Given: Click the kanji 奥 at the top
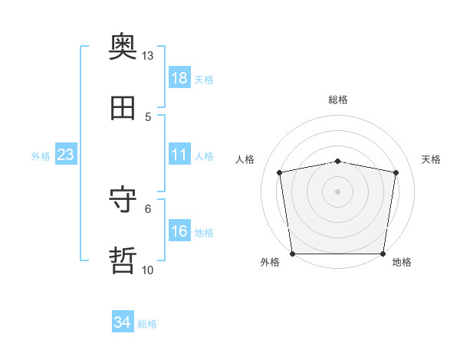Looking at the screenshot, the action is click(x=123, y=46).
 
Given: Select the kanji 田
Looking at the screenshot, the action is click(x=123, y=108).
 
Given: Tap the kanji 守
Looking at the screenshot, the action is click(x=123, y=198).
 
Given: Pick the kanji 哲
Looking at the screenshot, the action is click(x=123, y=260).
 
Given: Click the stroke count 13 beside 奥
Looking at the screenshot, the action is click(x=147, y=56).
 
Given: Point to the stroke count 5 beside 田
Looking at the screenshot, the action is click(x=148, y=117).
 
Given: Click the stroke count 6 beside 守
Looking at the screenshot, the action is click(x=148, y=209).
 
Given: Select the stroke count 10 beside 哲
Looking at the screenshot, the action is click(x=147, y=270).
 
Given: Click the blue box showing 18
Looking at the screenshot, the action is click(x=179, y=77).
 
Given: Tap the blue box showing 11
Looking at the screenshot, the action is click(x=179, y=154).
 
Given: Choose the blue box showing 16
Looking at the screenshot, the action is click(x=179, y=230).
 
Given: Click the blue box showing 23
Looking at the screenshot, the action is click(x=66, y=154).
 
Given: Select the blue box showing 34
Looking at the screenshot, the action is click(x=123, y=321).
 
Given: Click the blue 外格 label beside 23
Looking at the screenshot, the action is click(x=41, y=156).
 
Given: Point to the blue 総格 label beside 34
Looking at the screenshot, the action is click(x=147, y=324).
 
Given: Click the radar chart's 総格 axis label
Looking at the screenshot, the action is click(x=338, y=100).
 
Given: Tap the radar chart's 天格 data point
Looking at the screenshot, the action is click(x=396, y=172).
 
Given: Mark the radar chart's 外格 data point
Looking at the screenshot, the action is click(x=293, y=254).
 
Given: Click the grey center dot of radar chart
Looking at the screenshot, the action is click(x=337, y=191).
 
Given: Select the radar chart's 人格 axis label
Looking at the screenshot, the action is click(x=245, y=159).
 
